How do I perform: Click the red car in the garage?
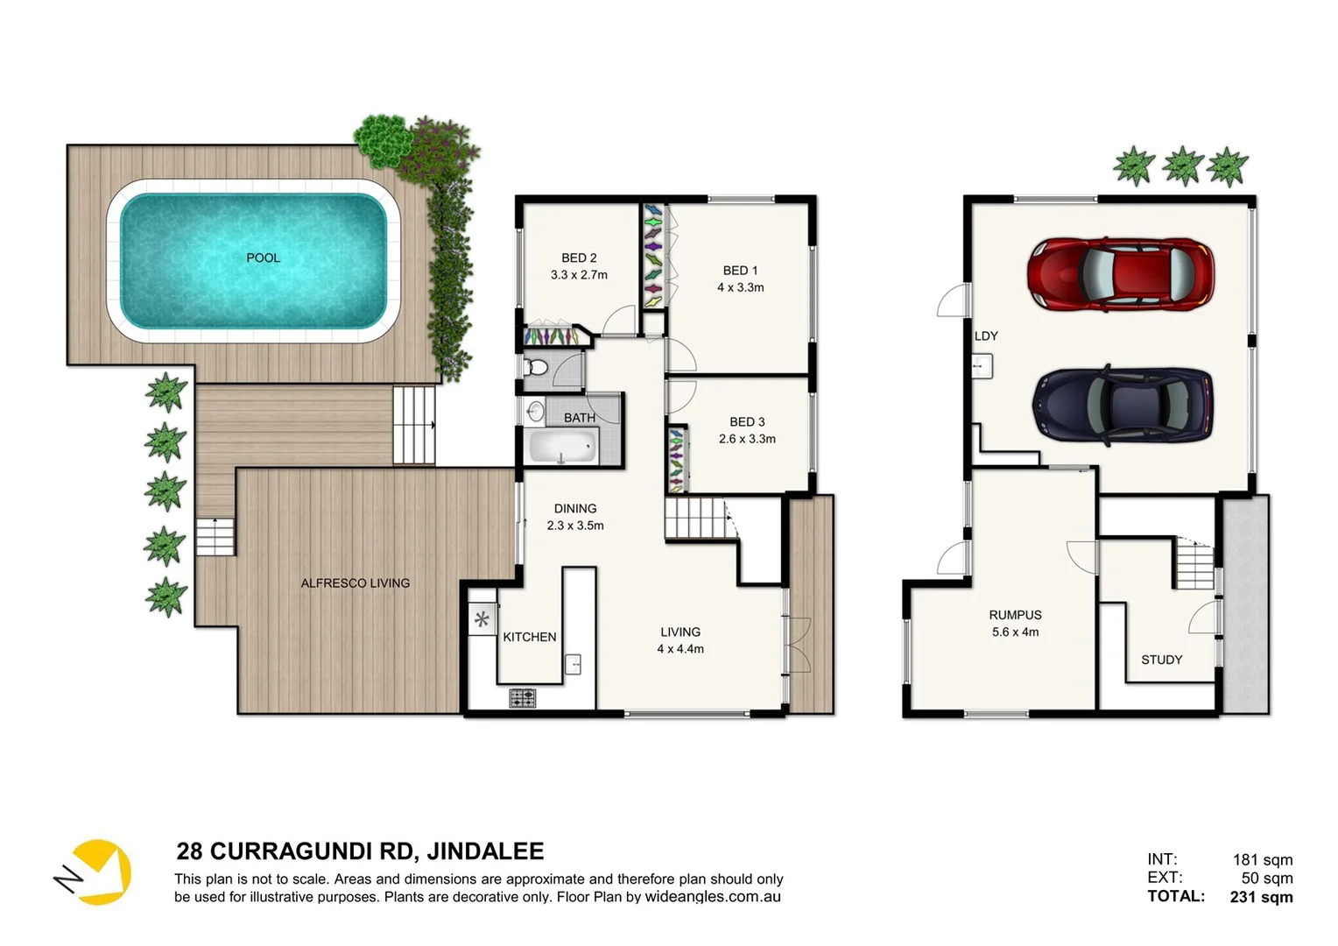coord(1120,273)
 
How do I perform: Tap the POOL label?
coord(263,258)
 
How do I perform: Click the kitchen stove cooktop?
coord(523,698)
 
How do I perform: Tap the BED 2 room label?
coord(579,258)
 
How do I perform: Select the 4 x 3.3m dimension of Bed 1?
coord(740,287)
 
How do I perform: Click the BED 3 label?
coord(747,421)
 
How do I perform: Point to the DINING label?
coord(575,508)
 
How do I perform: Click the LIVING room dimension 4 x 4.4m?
coord(680,649)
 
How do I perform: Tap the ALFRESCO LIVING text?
coord(355,582)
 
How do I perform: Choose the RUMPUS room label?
coord(1015,615)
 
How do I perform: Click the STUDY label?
coord(1161,660)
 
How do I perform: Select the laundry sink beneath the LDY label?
coord(982,365)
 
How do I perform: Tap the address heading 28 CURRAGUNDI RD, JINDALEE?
coord(360,851)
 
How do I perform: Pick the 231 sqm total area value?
coord(1261,896)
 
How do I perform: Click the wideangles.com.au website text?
coord(713,897)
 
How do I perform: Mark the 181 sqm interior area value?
coord(1262,859)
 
